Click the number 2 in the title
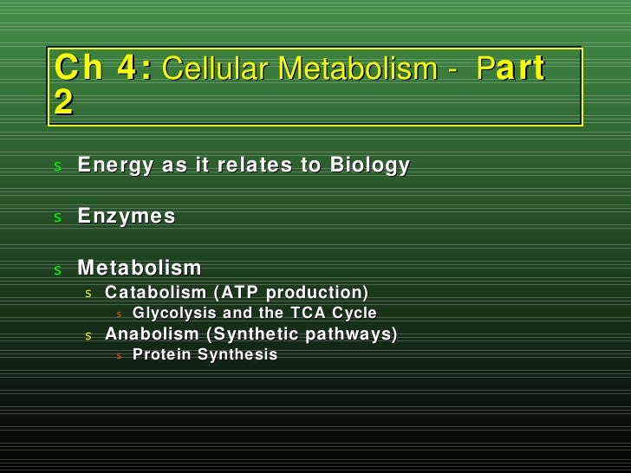tap(63, 103)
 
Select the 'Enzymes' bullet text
tap(127, 217)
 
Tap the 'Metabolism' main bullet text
tap(140, 268)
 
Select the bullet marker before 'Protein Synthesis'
tap(120, 355)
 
